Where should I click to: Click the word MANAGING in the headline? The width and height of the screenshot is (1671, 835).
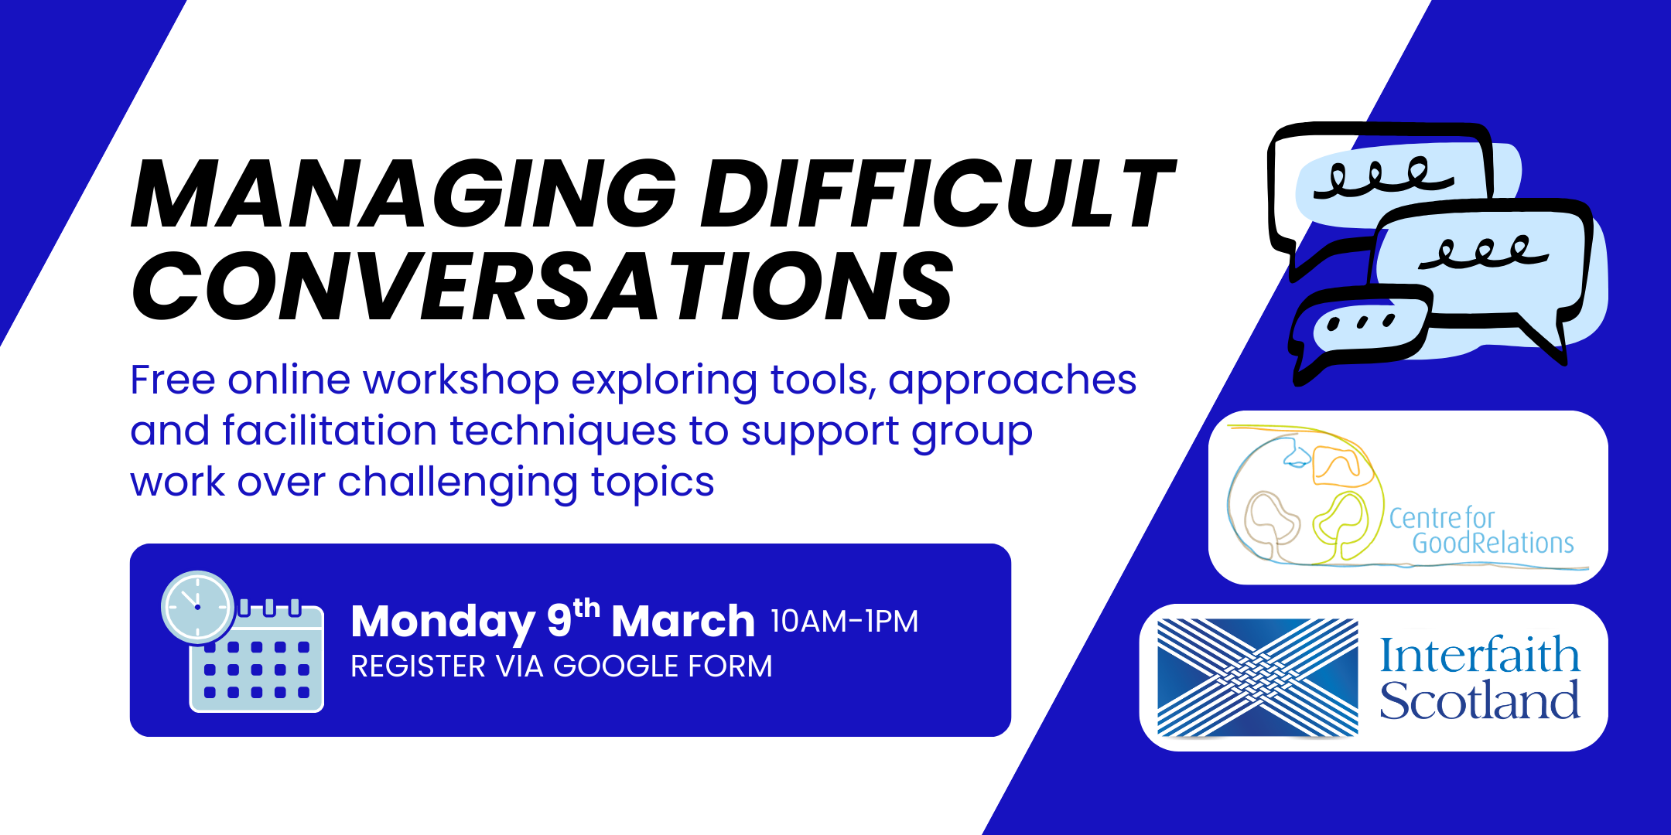tap(404, 193)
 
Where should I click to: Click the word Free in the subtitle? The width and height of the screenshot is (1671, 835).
tap(173, 380)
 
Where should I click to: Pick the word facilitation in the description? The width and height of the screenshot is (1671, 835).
tap(330, 430)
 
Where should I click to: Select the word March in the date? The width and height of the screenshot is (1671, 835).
tap(683, 621)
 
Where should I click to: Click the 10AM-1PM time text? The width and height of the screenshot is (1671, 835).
tap(845, 622)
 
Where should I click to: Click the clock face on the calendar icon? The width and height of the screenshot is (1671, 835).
tap(198, 607)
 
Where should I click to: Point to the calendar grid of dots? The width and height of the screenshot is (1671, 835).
tap(257, 670)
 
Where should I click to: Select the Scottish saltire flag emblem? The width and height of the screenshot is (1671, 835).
tap(1257, 678)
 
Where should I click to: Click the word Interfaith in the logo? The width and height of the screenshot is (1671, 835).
tap(1480, 655)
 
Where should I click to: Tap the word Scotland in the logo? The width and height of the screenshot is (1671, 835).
tap(1479, 700)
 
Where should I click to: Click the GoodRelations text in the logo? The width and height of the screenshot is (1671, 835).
tap(1493, 543)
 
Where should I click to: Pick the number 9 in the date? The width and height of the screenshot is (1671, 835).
tap(559, 621)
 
